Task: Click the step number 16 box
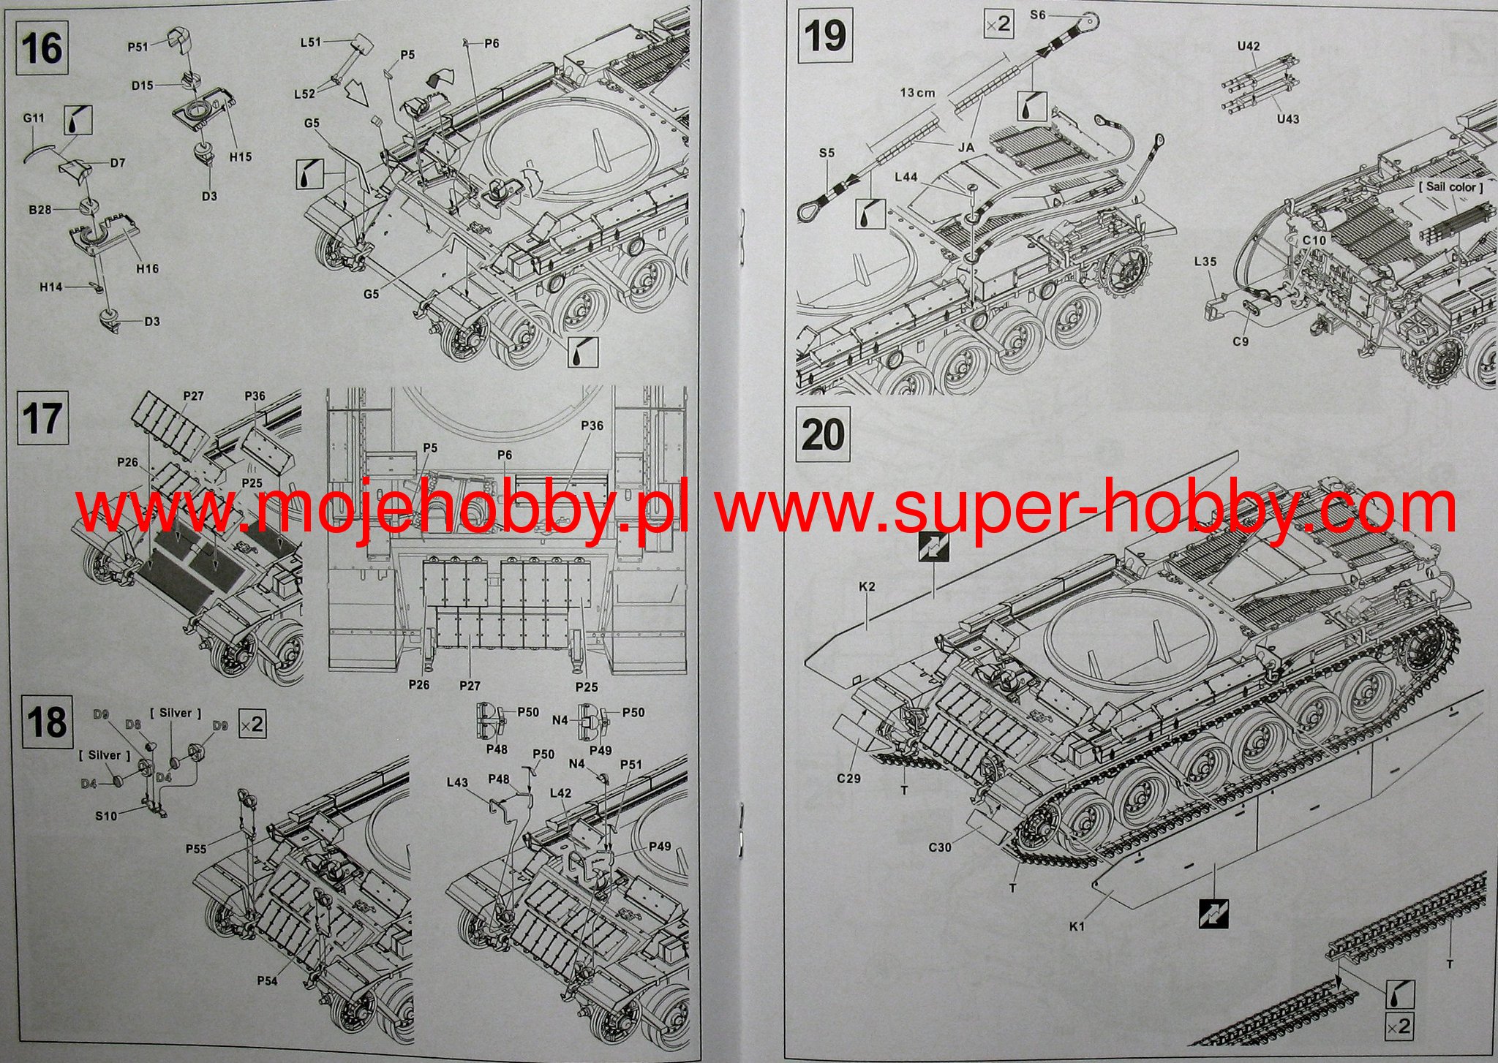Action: tap(42, 48)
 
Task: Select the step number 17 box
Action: tap(42, 418)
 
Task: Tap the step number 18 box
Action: tap(47, 722)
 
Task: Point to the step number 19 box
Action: tap(824, 36)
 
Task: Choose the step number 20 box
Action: tap(823, 434)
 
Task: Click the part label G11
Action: tap(34, 118)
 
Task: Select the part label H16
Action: tap(147, 268)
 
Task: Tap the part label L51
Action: tap(311, 42)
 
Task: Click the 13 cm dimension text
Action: tap(917, 93)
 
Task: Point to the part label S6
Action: tap(1038, 15)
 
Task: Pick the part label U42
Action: tap(1248, 46)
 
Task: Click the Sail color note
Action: tap(1451, 186)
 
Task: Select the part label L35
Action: tap(1205, 261)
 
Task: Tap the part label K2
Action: tap(867, 586)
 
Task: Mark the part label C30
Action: tap(940, 847)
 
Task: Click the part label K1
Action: tap(1077, 926)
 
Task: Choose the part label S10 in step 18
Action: tap(106, 815)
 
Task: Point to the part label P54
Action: tap(267, 980)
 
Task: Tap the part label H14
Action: tap(50, 287)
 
